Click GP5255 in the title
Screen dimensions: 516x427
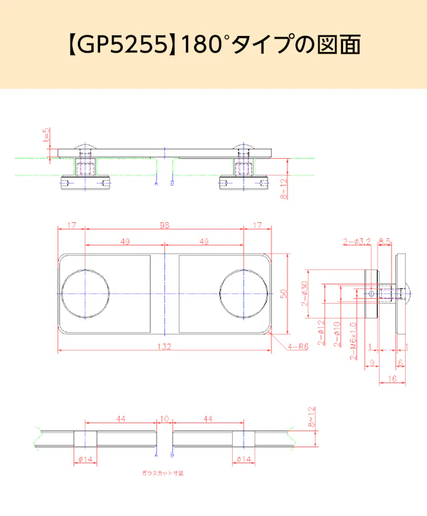(123, 44)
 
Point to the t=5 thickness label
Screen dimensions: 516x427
(46, 136)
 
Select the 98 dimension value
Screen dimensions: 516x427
(165, 226)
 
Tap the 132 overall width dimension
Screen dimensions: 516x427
(165, 346)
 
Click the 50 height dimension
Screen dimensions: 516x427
(284, 294)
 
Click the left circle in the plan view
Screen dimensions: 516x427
(85, 294)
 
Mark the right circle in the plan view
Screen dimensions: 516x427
(244, 294)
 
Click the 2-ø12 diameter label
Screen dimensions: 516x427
(322, 333)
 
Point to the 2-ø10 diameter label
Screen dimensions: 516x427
(337, 333)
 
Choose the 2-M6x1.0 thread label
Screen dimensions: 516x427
(354, 340)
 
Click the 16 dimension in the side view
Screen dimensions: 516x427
(392, 378)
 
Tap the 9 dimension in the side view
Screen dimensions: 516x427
(371, 362)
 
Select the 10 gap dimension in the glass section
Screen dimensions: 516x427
(165, 419)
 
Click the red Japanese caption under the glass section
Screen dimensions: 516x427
(162, 473)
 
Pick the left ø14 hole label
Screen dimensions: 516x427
(84, 459)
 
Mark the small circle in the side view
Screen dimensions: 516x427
(372, 293)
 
